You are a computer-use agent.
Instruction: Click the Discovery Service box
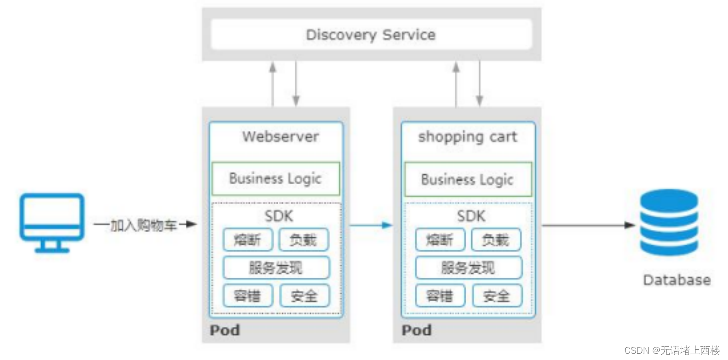point(371,35)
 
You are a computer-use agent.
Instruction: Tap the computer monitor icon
point(52,222)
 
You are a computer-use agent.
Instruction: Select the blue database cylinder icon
point(669,223)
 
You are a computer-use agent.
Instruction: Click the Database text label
point(677,280)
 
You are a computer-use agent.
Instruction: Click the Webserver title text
point(280,137)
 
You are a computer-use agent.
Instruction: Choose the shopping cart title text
point(467,137)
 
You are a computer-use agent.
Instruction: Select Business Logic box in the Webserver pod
point(275,178)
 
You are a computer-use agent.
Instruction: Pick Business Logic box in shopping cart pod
point(467,179)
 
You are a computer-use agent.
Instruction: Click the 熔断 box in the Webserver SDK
point(248,240)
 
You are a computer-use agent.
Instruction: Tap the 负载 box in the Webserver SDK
point(304,240)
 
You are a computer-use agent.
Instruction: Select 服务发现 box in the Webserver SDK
point(276,268)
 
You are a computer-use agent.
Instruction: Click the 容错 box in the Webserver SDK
point(248,295)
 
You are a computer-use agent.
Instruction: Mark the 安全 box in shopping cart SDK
point(497,296)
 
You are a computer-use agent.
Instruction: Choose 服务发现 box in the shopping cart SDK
point(468,268)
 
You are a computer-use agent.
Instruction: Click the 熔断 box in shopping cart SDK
point(440,240)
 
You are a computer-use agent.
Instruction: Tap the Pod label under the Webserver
point(225,331)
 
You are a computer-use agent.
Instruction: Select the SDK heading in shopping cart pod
point(471,216)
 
